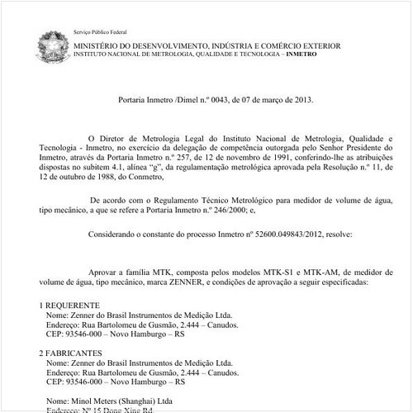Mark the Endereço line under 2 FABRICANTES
coord(140,373)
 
